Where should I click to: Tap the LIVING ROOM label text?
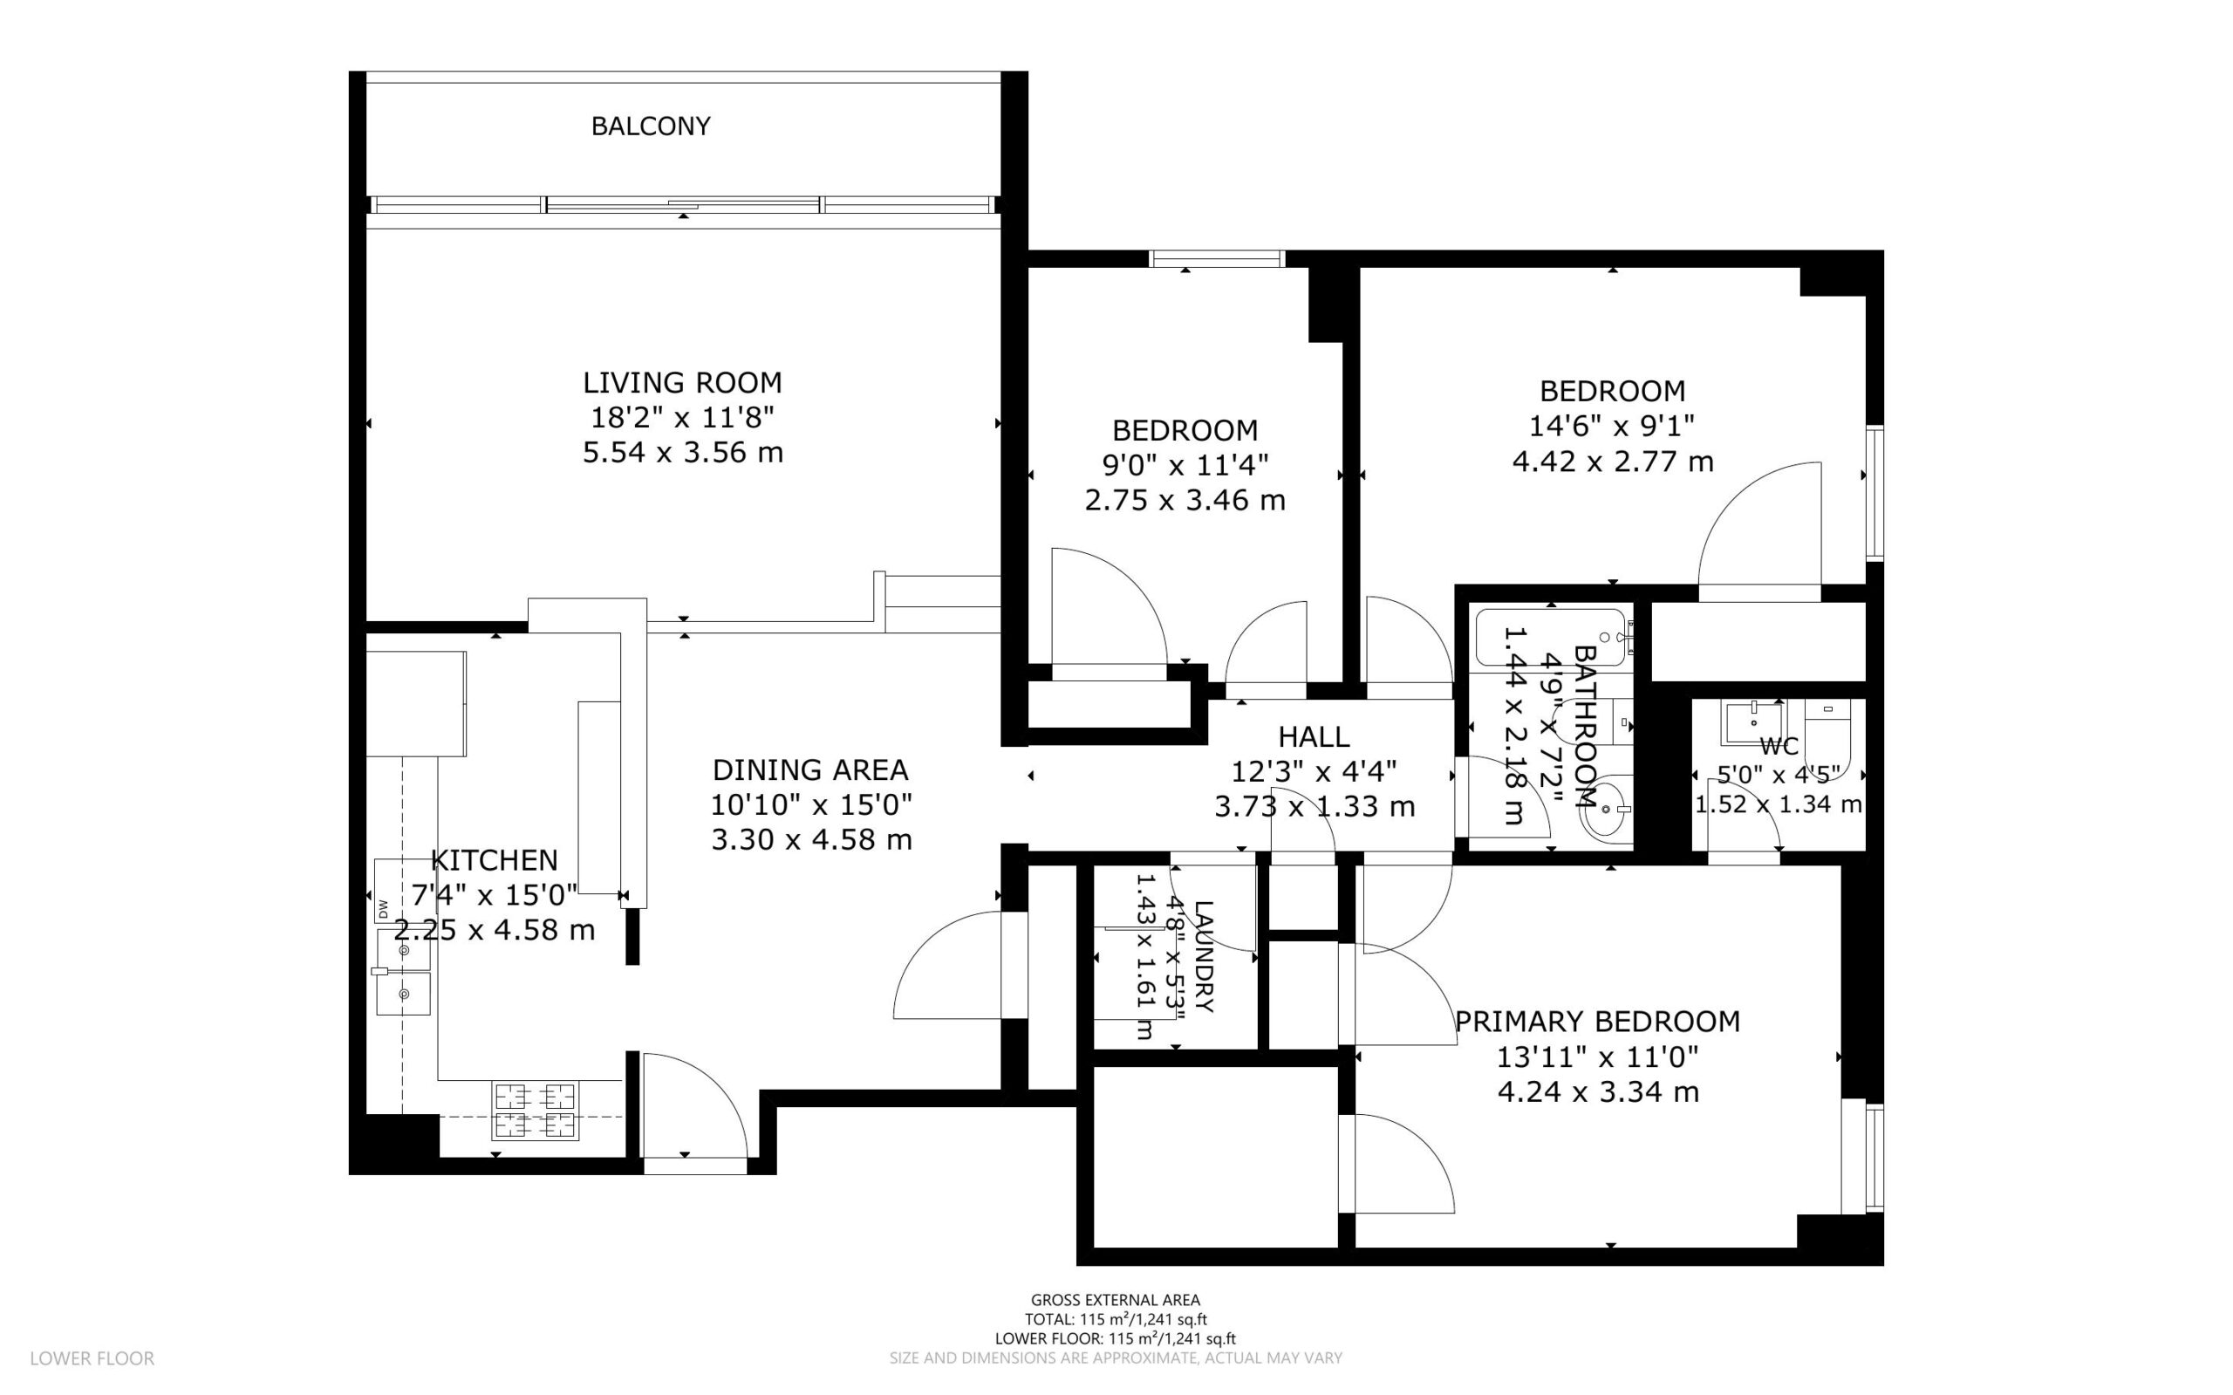pos(682,382)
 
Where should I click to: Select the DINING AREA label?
pos(810,769)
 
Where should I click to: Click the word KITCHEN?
pos(495,860)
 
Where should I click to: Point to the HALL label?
pos(1315,736)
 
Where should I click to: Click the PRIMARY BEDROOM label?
pos(1597,1022)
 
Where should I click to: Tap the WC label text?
pos(1779,747)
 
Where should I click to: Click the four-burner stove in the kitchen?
pos(536,1111)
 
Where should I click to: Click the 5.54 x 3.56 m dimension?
pos(682,453)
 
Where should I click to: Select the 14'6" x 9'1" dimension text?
pos(1612,426)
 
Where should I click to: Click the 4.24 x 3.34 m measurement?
pos(1597,1091)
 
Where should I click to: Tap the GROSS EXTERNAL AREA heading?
pos(1115,1301)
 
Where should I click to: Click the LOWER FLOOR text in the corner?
pos(92,1358)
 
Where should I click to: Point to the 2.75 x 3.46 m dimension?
pos(1185,500)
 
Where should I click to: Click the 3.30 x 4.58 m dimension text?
pos(812,839)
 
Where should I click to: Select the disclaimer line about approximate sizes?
pos(1116,1358)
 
